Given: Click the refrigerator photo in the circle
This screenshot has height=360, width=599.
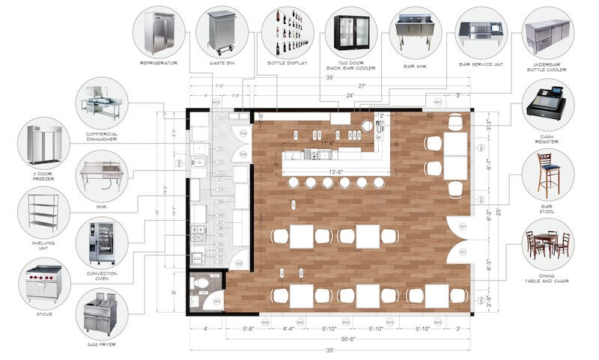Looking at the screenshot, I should (x=159, y=31).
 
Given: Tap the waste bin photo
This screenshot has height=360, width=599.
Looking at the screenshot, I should (x=222, y=31).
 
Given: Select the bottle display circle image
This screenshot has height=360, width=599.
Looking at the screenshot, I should (x=288, y=31).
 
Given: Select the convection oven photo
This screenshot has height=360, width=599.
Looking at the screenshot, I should (x=101, y=242).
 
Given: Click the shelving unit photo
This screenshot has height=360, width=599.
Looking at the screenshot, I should (x=43, y=211).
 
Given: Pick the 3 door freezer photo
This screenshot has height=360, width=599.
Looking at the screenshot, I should (x=43, y=142).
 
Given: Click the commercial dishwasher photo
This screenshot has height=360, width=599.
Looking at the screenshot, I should (x=101, y=103).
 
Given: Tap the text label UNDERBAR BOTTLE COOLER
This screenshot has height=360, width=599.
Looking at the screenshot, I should (x=548, y=68).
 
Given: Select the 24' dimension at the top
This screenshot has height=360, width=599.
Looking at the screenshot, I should (x=349, y=96).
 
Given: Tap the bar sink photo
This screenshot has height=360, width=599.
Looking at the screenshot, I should (x=415, y=31).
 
